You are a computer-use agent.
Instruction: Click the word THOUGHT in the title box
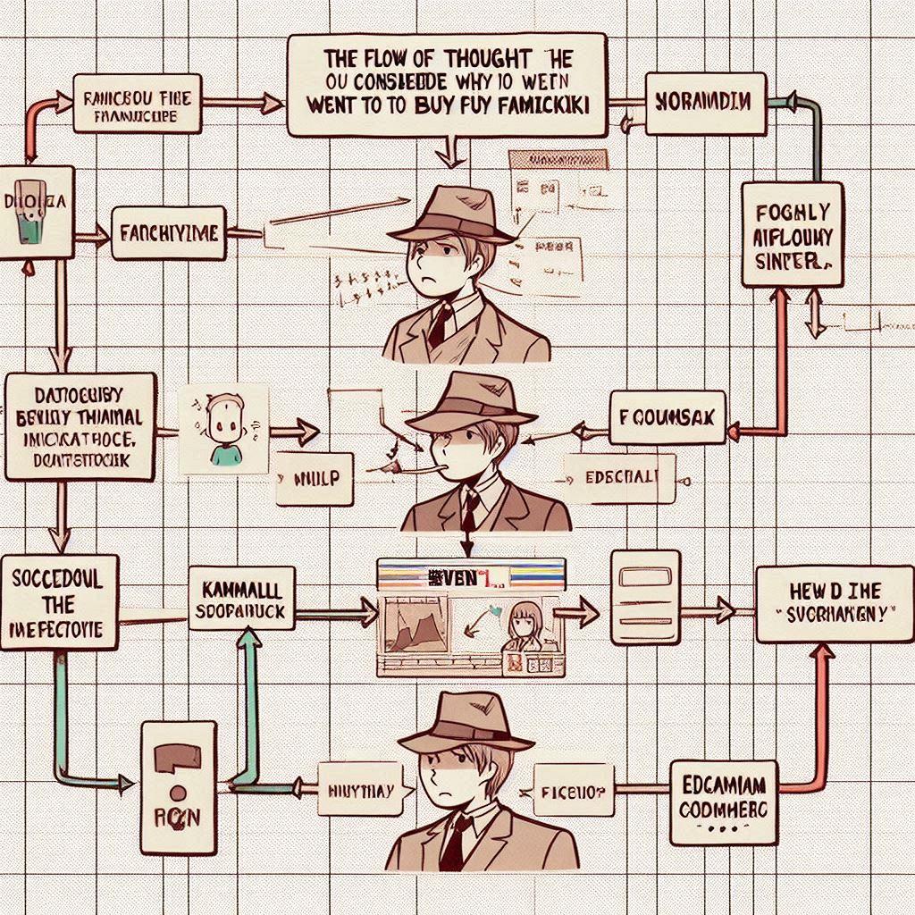coord(477,59)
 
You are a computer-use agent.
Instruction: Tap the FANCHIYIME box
coord(168,233)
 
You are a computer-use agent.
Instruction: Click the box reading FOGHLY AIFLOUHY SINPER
coord(792,235)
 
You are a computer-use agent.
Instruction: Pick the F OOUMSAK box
coord(668,416)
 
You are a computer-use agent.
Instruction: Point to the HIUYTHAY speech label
coord(367,789)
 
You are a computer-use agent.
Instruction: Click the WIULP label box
coord(316,478)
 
